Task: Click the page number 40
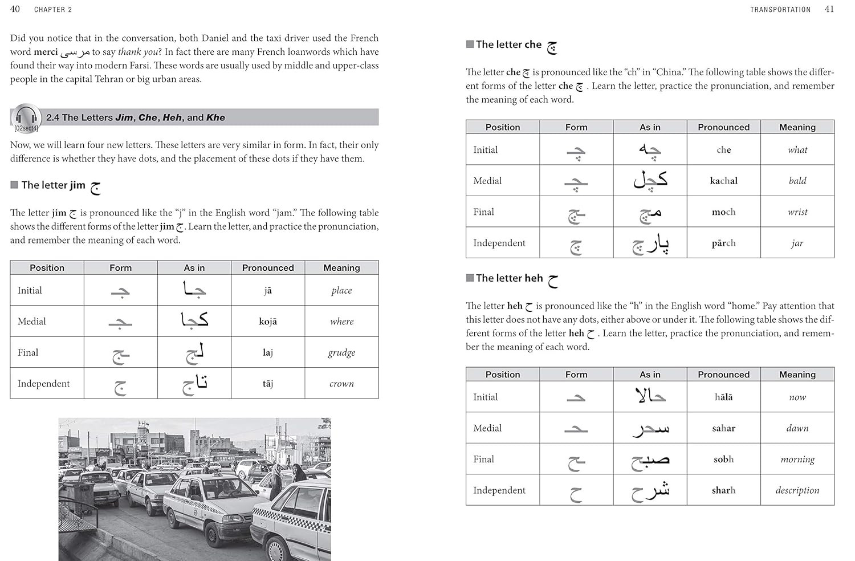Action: click(15, 9)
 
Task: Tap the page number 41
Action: click(829, 9)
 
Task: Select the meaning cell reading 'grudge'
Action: click(341, 352)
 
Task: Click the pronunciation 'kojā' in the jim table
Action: click(268, 322)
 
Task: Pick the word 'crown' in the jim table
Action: click(341, 384)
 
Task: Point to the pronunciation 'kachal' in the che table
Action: click(723, 181)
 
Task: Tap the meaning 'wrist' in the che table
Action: click(797, 212)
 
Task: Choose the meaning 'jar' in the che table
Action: click(797, 243)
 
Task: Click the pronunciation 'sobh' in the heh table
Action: click(723, 460)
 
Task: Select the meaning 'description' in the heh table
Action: click(797, 490)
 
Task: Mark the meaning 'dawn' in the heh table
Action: click(797, 428)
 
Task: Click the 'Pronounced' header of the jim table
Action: click(268, 268)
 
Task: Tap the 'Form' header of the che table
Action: click(576, 127)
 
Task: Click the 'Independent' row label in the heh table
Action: click(499, 490)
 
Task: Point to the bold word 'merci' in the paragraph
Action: click(46, 52)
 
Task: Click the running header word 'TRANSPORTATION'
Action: click(780, 10)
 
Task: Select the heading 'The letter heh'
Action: click(510, 278)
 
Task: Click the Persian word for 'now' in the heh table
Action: click(650, 396)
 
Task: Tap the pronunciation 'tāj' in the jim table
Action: click(268, 384)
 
